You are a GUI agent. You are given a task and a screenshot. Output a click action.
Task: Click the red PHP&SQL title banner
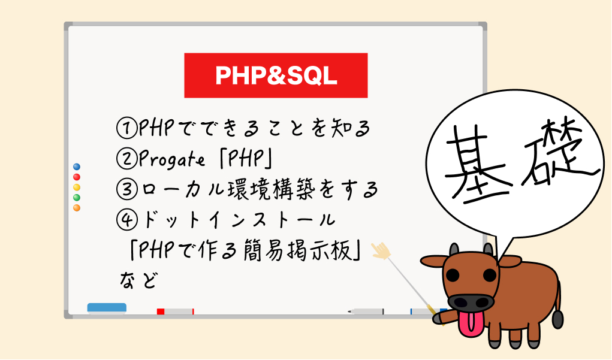(x=276, y=75)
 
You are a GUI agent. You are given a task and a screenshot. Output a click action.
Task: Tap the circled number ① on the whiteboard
(x=127, y=128)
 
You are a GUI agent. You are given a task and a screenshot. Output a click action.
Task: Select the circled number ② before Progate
(x=127, y=159)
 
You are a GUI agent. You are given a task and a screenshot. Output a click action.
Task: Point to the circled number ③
(x=127, y=189)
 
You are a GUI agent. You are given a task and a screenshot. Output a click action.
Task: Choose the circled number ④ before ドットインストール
(x=127, y=220)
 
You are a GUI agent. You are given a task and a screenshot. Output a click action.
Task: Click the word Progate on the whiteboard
(x=172, y=159)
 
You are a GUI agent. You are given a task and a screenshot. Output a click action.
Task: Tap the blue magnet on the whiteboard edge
(x=77, y=167)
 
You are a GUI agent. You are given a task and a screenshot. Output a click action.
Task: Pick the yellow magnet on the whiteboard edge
(x=77, y=187)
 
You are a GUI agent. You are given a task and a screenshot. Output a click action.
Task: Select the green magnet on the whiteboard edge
(x=77, y=197)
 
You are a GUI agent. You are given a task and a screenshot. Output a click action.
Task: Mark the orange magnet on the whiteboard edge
(x=77, y=208)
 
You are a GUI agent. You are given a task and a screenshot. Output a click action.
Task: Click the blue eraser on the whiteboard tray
(x=107, y=308)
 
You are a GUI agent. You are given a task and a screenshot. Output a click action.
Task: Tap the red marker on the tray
(x=175, y=311)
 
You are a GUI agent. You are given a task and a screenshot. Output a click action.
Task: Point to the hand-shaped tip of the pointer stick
(x=381, y=250)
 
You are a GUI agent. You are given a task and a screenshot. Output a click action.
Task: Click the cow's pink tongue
(x=471, y=323)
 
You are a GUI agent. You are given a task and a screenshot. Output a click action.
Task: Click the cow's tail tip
(x=557, y=319)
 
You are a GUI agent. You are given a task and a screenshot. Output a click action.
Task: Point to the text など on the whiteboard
(x=139, y=280)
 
